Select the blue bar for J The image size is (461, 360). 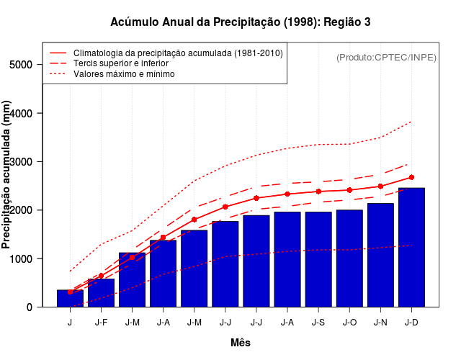70,298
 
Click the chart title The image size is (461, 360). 241,22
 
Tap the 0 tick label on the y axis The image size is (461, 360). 29,307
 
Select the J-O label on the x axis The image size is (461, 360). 349,323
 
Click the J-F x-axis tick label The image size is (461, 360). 101,323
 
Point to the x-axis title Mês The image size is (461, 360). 241,343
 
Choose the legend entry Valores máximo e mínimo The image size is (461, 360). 124,73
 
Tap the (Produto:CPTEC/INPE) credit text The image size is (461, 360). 387,57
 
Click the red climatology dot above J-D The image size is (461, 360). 411,177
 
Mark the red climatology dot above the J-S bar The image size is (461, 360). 318,192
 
